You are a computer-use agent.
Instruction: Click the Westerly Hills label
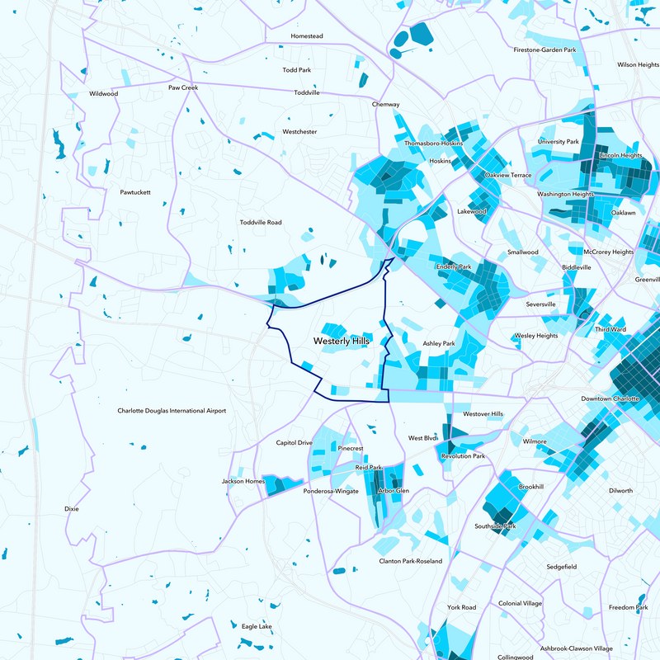click(342, 340)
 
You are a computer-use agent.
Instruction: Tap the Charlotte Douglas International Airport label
click(172, 410)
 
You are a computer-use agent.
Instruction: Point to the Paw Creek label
click(183, 87)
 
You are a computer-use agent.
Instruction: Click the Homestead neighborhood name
click(307, 36)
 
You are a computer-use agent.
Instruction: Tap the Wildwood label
click(104, 94)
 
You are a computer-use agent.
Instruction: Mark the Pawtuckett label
click(135, 192)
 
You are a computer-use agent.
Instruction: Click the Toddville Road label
click(261, 223)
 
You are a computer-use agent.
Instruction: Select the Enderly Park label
click(453, 267)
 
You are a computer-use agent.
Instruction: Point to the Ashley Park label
click(439, 343)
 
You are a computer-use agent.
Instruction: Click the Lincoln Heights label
click(620, 155)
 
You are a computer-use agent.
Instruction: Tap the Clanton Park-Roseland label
click(410, 561)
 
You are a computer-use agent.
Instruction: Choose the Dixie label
click(72, 509)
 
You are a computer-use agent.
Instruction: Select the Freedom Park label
click(628, 607)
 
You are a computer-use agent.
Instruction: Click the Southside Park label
click(495, 526)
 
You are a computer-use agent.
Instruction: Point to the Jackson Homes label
click(243, 481)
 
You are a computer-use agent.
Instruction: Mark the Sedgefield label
click(561, 567)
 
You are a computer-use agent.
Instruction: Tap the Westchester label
click(299, 132)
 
